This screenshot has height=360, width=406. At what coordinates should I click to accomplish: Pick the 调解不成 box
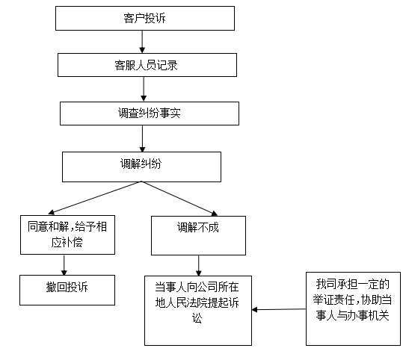tap(197, 234)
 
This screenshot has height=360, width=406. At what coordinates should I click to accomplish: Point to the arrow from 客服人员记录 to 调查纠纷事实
tap(142, 89)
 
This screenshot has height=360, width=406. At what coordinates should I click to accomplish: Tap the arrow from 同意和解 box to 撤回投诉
tap(64, 264)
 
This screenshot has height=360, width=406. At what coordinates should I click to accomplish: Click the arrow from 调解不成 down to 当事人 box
tap(198, 264)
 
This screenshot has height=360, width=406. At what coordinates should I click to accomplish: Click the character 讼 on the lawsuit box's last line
tap(198, 319)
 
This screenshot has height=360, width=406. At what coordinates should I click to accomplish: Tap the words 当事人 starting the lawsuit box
tap(171, 287)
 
